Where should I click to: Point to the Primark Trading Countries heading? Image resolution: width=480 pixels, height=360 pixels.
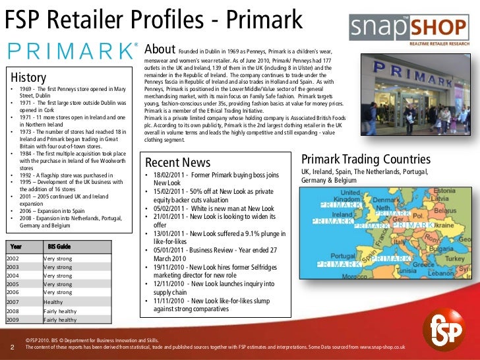click(x=366, y=160)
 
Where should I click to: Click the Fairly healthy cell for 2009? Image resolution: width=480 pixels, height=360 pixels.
click(x=60, y=320)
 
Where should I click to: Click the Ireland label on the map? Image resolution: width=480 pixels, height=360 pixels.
click(x=342, y=214)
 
